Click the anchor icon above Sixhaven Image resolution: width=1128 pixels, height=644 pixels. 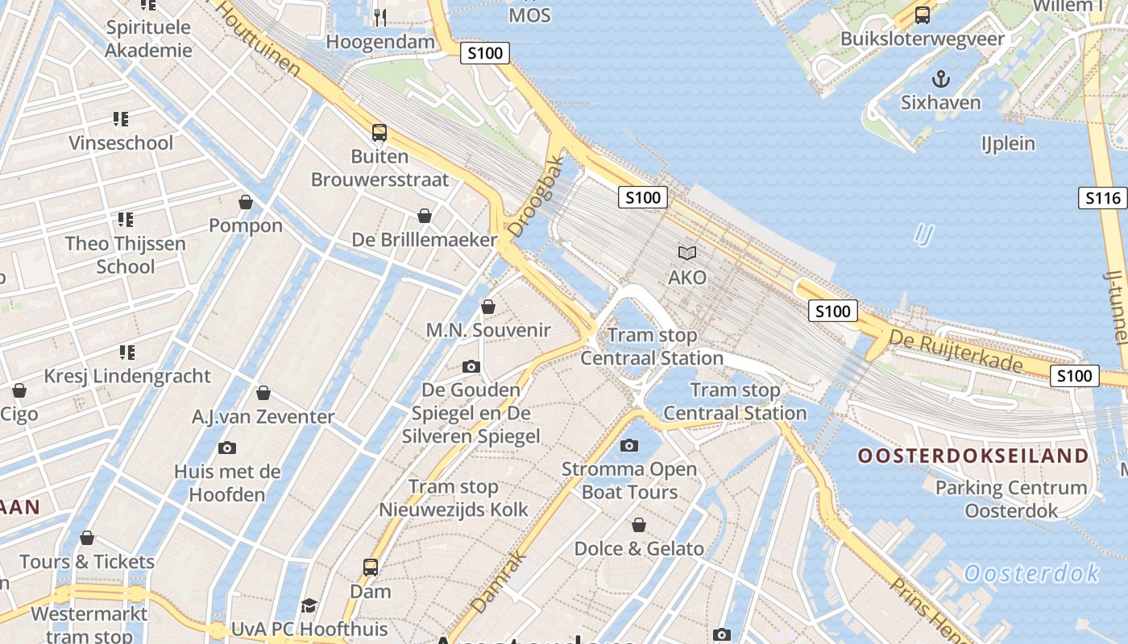pyautogui.click(x=939, y=79)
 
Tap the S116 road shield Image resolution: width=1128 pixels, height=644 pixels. pyautogui.click(x=1102, y=198)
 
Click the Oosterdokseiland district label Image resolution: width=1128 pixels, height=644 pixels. pyautogui.click(x=972, y=456)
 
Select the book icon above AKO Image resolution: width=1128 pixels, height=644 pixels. pyautogui.click(x=687, y=254)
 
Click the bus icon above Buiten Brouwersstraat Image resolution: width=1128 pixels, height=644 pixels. pyautogui.click(x=379, y=133)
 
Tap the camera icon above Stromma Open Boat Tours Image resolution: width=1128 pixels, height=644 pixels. pyautogui.click(x=629, y=445)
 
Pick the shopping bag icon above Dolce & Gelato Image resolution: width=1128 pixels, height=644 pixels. pyautogui.click(x=639, y=526)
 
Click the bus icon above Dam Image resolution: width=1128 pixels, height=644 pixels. pyautogui.click(x=371, y=568)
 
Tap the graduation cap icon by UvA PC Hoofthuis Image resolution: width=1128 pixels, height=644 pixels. pyautogui.click(x=309, y=605)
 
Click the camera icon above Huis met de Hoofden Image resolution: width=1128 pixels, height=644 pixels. pyautogui.click(x=227, y=448)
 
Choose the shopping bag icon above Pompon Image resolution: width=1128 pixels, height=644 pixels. pyautogui.click(x=246, y=202)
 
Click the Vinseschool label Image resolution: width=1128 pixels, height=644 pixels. pyautogui.click(x=121, y=143)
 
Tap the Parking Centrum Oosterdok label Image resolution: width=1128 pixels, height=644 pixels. pyautogui.click(x=1010, y=499)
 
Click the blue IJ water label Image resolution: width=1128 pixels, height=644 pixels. pyautogui.click(x=924, y=234)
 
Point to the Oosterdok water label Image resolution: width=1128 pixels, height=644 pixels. pyautogui.click(x=1031, y=574)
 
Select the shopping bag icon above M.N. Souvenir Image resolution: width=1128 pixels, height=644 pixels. pyautogui.click(x=487, y=307)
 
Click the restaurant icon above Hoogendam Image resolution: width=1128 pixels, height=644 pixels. pyautogui.click(x=380, y=17)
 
